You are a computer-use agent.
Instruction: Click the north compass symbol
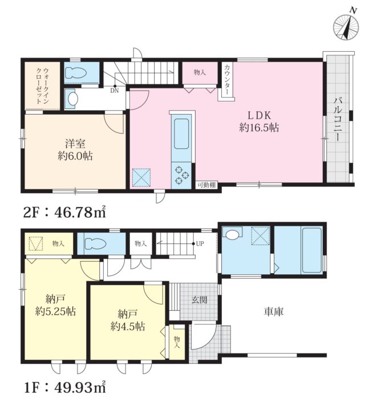point(346,26)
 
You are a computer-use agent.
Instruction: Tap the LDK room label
point(259,115)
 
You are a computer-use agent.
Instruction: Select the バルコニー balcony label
point(338,119)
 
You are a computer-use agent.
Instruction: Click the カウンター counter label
point(227,79)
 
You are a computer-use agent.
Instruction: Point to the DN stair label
point(114,91)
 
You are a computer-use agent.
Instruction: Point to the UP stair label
point(200,243)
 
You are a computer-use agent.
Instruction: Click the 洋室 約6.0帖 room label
point(75,149)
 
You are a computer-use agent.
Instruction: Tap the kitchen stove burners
point(181,175)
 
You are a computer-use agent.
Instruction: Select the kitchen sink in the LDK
point(181,133)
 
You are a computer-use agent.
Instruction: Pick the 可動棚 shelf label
point(206,185)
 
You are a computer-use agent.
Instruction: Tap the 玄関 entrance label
point(199,300)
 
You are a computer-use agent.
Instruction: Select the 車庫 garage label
point(274,311)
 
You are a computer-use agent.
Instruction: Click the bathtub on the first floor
point(311,250)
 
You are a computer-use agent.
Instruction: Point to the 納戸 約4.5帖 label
point(127,320)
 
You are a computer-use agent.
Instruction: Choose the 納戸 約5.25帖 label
point(55,305)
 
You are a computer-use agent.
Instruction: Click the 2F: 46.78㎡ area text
point(65,212)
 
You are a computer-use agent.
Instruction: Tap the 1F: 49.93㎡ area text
point(65,387)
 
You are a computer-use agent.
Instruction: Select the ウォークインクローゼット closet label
point(42,86)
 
